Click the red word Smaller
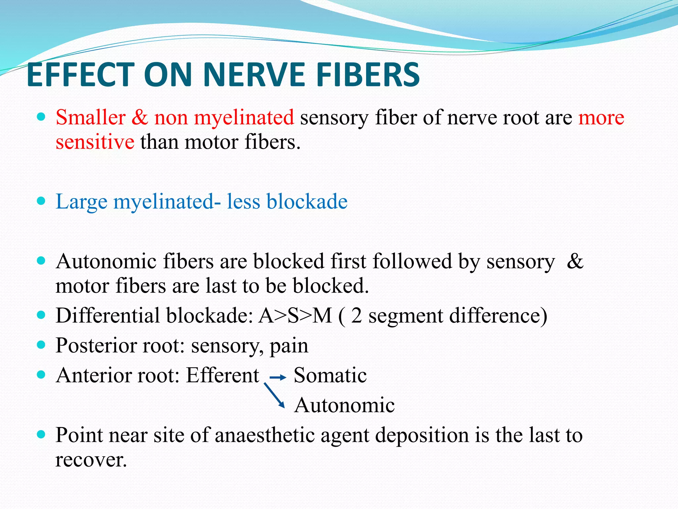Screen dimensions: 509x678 pos(90,117)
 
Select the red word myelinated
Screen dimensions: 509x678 pos(244,118)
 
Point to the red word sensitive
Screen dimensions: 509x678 pos(95,142)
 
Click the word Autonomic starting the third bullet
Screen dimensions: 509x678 pos(106,261)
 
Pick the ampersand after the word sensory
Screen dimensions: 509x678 pos(575,261)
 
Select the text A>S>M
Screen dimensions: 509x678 pos(295,315)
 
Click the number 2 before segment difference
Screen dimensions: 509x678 pos(356,315)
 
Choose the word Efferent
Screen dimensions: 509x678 pos(222,375)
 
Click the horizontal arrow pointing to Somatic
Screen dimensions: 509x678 pos(278,377)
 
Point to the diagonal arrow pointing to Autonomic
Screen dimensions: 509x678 pos(274,395)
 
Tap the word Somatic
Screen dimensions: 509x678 pos(330,375)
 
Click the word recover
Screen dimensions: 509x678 pos(91,460)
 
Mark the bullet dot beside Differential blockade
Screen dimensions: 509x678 pos(41,315)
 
